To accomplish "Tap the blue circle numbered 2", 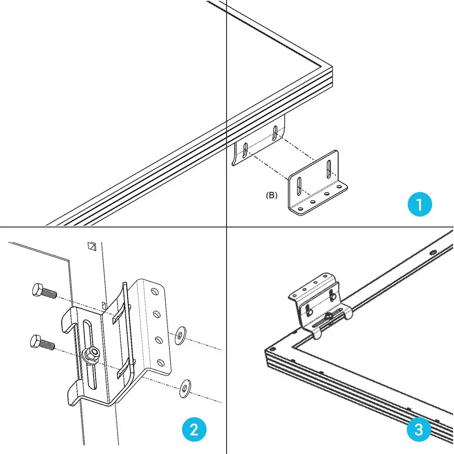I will pyautogui.click(x=194, y=429).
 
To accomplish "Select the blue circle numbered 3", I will pyautogui.click(x=419, y=429).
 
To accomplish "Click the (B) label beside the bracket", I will pyautogui.click(x=271, y=196).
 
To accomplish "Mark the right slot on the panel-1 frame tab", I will pyautogui.click(x=275, y=133).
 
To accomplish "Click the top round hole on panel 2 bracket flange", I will pyautogui.click(x=155, y=290).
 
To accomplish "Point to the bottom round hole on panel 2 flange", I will pyautogui.click(x=160, y=362).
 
